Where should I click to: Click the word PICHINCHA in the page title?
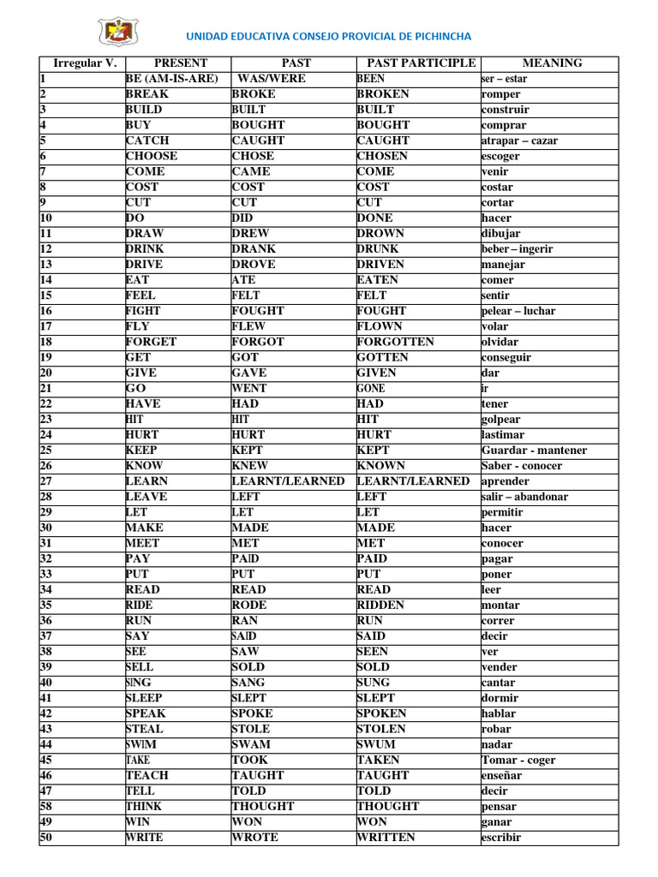[434, 36]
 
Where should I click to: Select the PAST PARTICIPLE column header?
[421, 63]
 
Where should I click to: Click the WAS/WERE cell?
[272, 79]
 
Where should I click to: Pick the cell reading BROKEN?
[383, 94]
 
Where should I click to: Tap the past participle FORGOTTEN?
[396, 342]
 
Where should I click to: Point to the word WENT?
[249, 388]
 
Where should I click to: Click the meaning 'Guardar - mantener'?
[535, 450]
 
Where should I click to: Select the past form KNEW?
[250, 466]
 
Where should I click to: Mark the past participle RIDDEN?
[380, 605]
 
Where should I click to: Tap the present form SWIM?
[141, 744]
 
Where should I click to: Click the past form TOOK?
[249, 760]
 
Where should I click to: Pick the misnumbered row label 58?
[46, 806]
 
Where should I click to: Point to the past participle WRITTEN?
[386, 837]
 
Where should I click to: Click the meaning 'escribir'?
[501, 838]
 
